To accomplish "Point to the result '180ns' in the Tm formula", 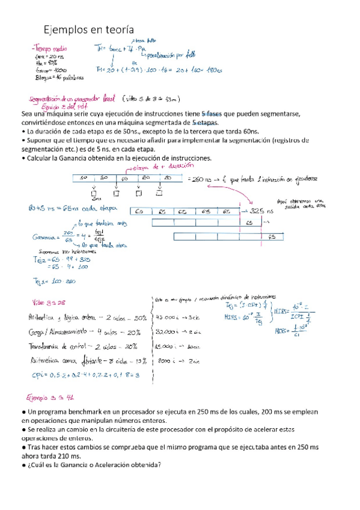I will coord(212,70).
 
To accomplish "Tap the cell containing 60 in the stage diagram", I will coord(124,179).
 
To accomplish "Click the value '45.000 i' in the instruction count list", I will coord(166,317).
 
